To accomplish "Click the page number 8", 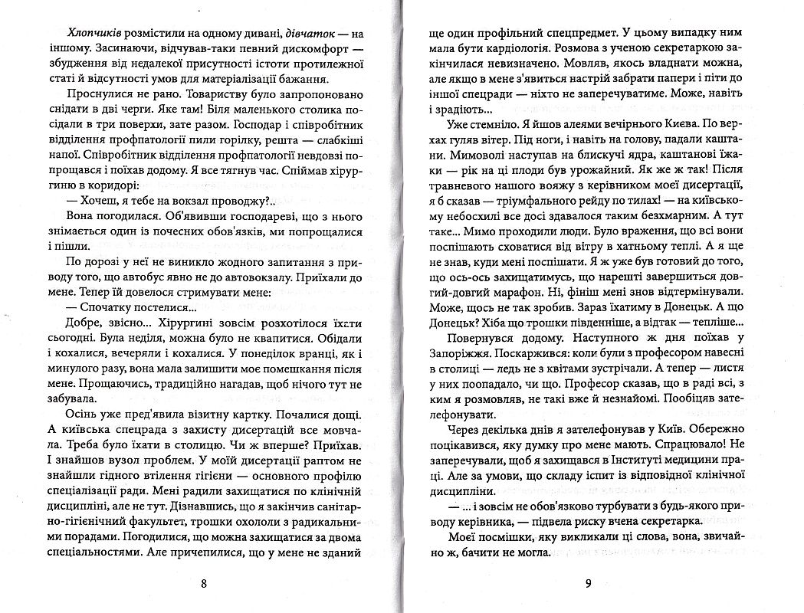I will [203, 583].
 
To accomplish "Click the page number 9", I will [587, 584].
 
